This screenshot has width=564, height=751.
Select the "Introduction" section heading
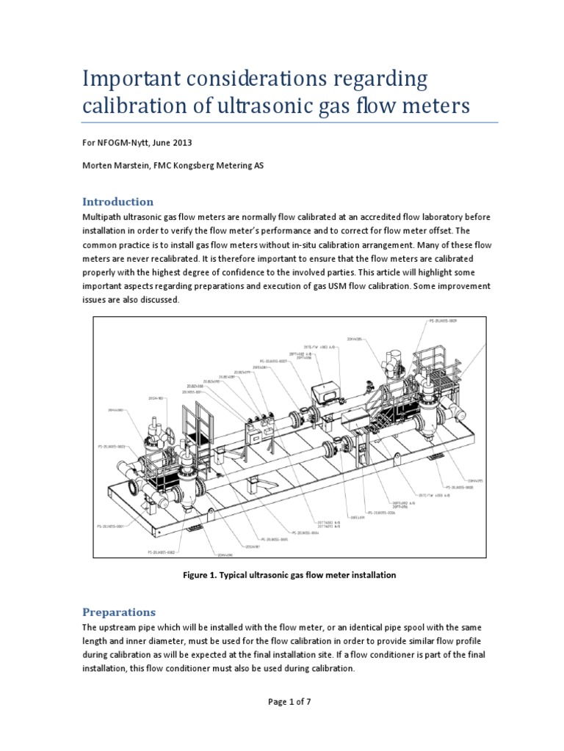coord(117,201)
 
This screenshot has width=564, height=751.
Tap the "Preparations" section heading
coord(118,611)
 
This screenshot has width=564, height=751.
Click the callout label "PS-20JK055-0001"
coord(111,525)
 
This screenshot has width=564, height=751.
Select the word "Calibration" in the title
coord(121,105)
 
